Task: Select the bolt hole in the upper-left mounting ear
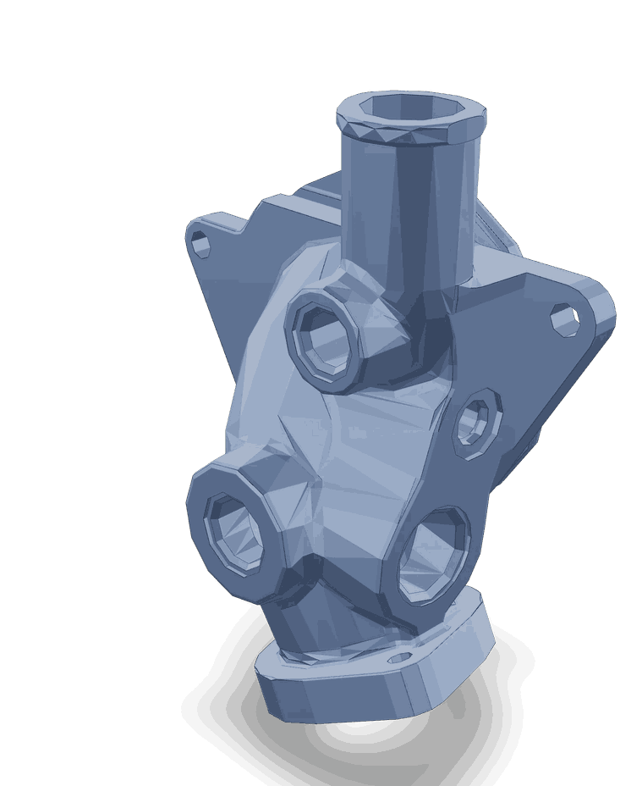coord(201,246)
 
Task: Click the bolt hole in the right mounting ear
coord(564,318)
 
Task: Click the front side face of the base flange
coord(338,700)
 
